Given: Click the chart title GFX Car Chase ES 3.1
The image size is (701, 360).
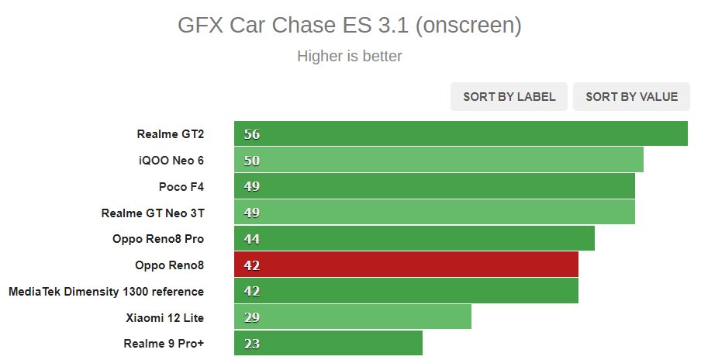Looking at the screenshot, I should click(x=350, y=26).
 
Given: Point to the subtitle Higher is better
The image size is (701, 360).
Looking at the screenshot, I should click(x=350, y=57).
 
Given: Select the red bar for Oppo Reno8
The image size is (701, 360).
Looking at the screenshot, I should click(x=406, y=265).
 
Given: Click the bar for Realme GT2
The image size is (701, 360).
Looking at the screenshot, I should click(x=461, y=133).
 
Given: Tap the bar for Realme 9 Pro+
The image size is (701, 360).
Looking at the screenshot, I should click(x=328, y=343).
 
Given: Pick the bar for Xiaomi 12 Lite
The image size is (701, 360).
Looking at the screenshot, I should click(x=353, y=317).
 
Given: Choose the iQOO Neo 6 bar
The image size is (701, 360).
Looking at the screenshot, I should click(x=439, y=160).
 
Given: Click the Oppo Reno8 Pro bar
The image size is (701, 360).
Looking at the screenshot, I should click(x=414, y=238).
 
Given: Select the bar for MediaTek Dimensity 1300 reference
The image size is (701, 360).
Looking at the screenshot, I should click(x=406, y=291).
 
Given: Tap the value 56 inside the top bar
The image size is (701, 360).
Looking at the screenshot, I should click(x=251, y=133).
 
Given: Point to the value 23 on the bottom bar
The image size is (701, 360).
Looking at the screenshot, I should click(x=251, y=343).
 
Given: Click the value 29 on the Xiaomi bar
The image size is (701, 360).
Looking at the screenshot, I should click(x=251, y=317).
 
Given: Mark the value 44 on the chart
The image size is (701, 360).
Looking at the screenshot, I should click(x=251, y=238).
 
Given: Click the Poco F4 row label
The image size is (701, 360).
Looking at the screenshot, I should click(x=181, y=186).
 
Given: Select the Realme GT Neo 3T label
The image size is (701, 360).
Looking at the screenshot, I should click(x=153, y=213).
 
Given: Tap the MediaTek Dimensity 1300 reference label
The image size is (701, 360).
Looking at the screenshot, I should click(x=106, y=291).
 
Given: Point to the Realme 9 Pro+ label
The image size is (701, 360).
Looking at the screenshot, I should click(x=164, y=343).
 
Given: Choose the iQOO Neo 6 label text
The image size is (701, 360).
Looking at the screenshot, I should click(x=171, y=160).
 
